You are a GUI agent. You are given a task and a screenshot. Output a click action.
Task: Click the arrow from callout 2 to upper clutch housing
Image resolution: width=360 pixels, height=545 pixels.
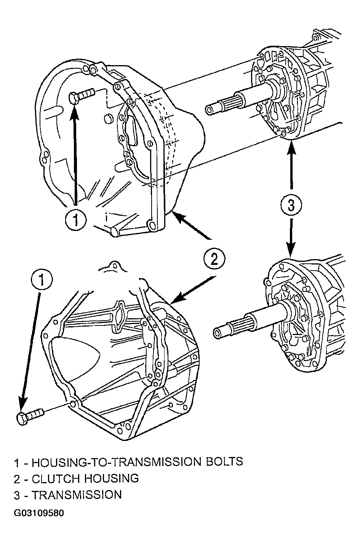coord(192,225)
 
